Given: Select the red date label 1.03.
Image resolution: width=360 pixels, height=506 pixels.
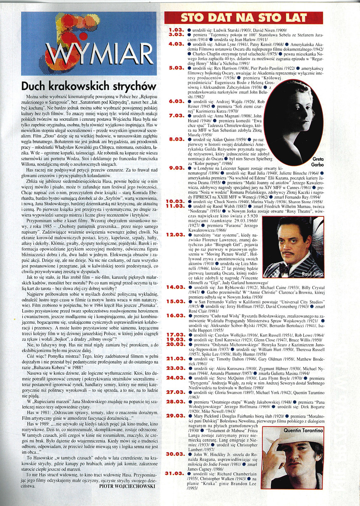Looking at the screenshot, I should click(x=175, y=30).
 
